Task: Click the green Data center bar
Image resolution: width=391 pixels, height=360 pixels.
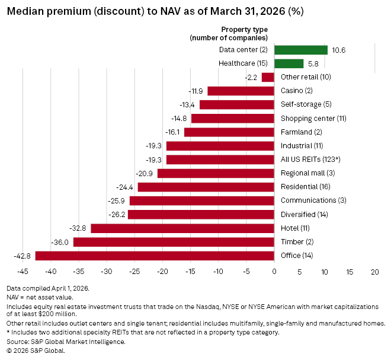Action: (x=300, y=50)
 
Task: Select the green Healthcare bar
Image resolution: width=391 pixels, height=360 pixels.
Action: (x=289, y=63)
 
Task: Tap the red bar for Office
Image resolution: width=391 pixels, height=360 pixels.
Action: (x=155, y=256)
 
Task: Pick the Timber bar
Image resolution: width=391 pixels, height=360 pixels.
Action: (x=174, y=242)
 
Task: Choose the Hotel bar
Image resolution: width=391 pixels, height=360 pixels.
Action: (x=182, y=228)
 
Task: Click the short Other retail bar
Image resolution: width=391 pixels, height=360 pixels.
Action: (x=268, y=77)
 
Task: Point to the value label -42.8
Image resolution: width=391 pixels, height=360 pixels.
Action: (x=23, y=256)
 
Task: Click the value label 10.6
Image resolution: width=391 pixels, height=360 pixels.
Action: (x=339, y=50)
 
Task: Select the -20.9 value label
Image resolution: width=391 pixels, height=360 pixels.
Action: (x=144, y=173)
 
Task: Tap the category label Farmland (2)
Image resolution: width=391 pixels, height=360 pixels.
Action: (x=301, y=132)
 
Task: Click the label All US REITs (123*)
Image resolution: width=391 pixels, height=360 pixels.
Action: (x=309, y=160)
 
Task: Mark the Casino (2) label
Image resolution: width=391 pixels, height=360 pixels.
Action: (x=297, y=91)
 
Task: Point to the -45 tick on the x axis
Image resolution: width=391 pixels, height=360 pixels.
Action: (x=23, y=272)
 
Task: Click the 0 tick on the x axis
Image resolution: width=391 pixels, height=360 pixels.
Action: (x=274, y=272)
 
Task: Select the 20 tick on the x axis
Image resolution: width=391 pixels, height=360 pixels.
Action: (x=374, y=272)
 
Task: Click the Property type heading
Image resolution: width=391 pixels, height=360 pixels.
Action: (x=244, y=29)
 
